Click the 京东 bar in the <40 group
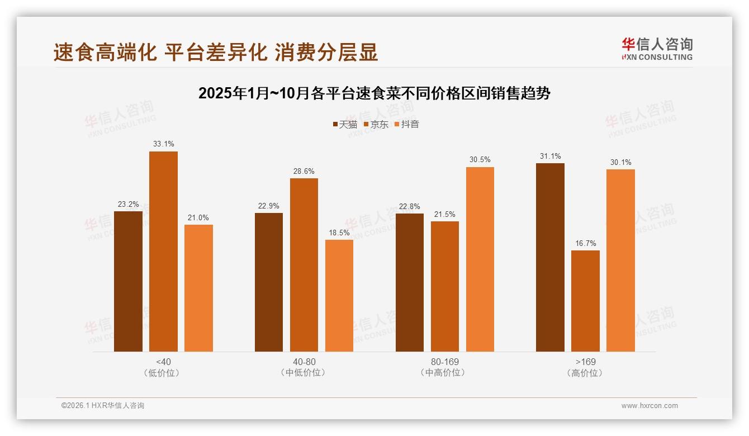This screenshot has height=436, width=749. click(x=163, y=252)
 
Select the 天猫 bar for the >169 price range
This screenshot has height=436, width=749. click(x=550, y=257)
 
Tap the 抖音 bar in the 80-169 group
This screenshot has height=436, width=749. click(x=480, y=259)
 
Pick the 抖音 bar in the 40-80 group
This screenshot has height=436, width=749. click(x=339, y=296)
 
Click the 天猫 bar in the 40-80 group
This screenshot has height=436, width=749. click(x=269, y=282)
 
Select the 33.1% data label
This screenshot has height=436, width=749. click(x=163, y=144)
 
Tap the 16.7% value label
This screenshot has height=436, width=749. click(x=585, y=243)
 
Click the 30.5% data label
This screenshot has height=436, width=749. click(x=480, y=160)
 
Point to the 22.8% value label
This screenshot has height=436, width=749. click(x=410, y=206)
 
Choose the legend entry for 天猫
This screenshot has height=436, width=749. click(x=345, y=125)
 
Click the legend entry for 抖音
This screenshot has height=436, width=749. click(x=406, y=125)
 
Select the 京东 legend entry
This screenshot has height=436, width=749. click(x=376, y=125)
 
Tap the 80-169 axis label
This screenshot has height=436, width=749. click(x=445, y=362)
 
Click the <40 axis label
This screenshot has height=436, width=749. click(x=163, y=362)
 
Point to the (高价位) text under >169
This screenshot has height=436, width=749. click(x=585, y=373)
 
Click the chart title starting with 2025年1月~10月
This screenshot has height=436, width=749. click(x=374, y=93)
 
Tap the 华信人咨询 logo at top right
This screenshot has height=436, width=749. click(x=657, y=49)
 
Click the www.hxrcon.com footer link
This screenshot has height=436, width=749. click(x=650, y=406)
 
